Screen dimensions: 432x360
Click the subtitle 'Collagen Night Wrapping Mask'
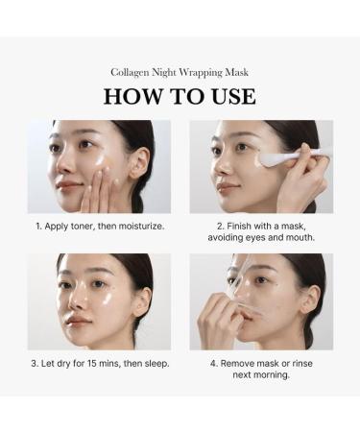coord(180,73)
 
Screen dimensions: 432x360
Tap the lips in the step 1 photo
coord(68,188)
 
